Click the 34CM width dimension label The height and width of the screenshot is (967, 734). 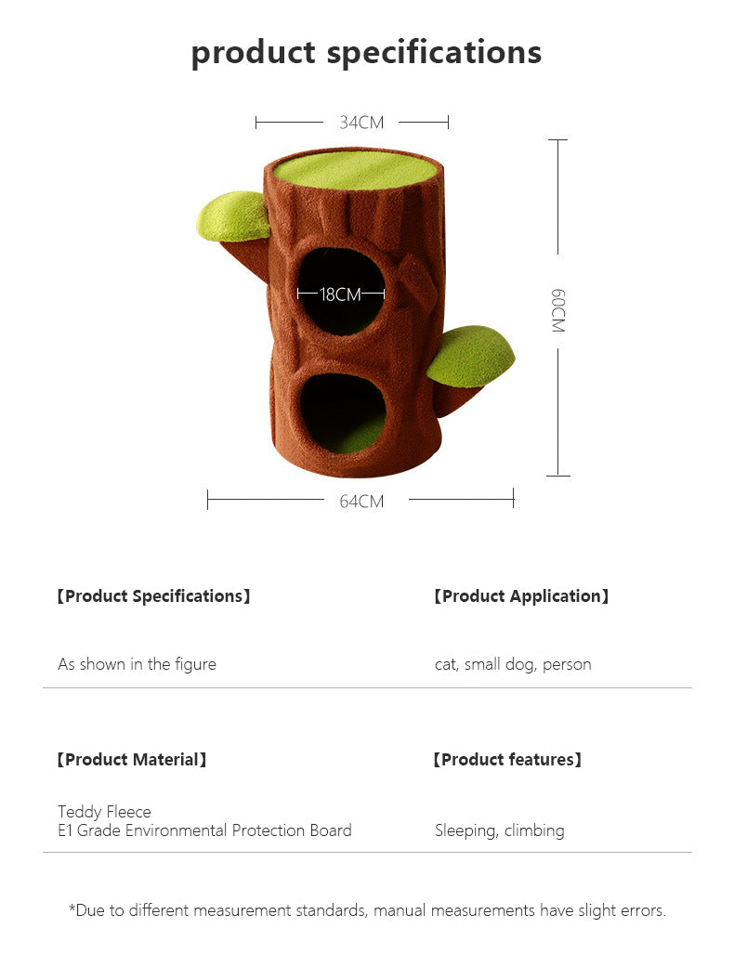pos(361,123)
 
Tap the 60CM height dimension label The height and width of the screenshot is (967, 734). pos(557,310)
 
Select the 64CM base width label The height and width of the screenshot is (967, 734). pos(361,502)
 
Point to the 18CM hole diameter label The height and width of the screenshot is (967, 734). pos(340,294)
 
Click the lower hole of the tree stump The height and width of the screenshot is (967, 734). pos(343,412)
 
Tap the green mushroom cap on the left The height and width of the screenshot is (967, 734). pos(233,216)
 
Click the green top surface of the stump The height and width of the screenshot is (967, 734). pos(357,169)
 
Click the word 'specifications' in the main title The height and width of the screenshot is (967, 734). pos(434,52)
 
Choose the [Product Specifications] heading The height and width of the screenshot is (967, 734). pos(153,596)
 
